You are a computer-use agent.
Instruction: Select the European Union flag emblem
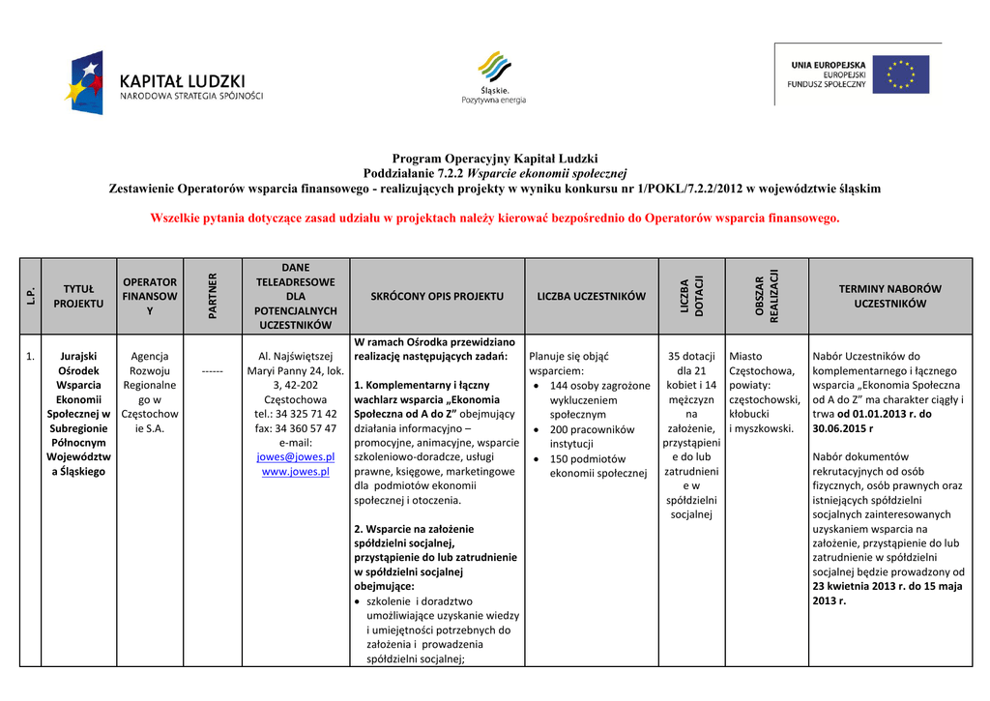click(x=900, y=74)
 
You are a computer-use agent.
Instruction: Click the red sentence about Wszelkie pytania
click(x=495, y=219)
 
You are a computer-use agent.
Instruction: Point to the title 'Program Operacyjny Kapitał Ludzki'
click(x=495, y=159)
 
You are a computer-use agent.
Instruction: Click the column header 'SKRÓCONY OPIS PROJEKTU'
click(x=437, y=296)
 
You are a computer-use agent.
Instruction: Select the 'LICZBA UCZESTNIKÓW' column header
click(x=591, y=296)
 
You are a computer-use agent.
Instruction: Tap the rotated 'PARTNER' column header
click(x=213, y=296)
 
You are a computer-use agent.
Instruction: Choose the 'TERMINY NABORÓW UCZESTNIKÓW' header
click(x=889, y=296)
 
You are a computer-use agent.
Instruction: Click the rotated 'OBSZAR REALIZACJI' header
click(x=767, y=296)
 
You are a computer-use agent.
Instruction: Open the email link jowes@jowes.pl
click(x=296, y=456)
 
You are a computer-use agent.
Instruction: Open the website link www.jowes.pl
click(x=296, y=472)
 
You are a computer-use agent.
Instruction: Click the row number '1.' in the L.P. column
click(x=32, y=357)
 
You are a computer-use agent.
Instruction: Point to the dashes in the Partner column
click(x=213, y=371)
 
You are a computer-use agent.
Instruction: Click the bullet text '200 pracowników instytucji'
click(x=592, y=436)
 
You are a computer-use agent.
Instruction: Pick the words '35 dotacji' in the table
click(x=691, y=357)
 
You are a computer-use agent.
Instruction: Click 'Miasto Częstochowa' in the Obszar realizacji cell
click(x=762, y=364)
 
